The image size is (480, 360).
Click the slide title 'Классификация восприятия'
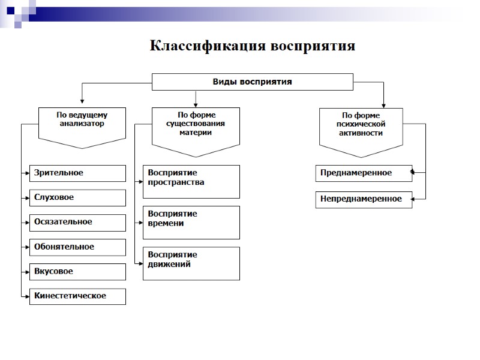[x=252, y=46]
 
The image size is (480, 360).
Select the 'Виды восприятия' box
[x=252, y=82]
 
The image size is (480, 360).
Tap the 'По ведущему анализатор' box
[x=82, y=123]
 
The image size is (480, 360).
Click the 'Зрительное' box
[x=78, y=173]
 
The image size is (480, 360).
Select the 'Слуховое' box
[x=78, y=197]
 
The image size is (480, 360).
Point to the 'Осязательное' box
[x=78, y=222]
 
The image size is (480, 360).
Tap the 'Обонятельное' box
[x=78, y=247]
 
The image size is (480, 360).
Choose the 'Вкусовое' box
[x=78, y=271]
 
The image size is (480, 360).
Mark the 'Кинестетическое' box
[x=78, y=296]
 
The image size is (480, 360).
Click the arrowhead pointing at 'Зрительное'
[x=28, y=173]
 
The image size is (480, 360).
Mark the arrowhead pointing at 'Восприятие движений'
[x=141, y=263]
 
